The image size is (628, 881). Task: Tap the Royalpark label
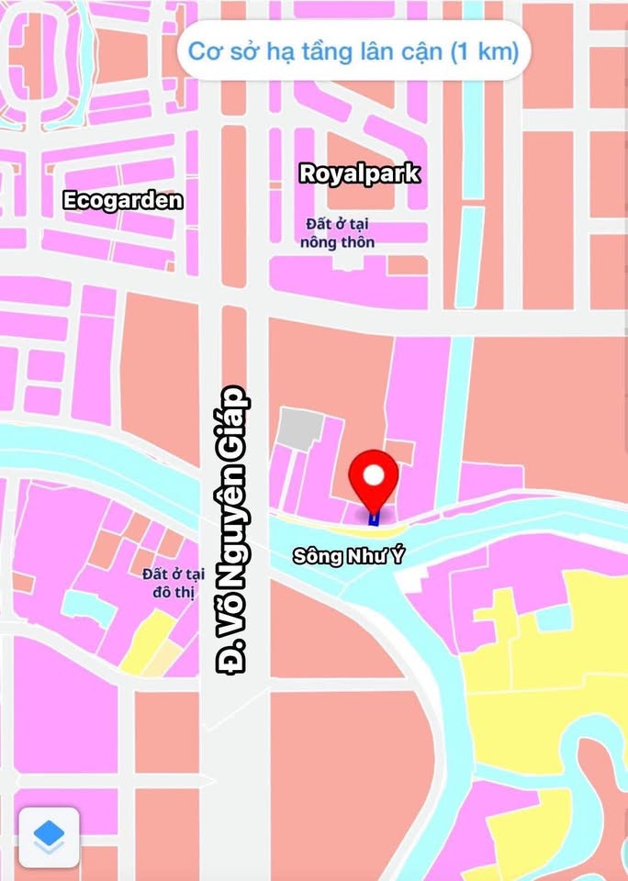(x=360, y=173)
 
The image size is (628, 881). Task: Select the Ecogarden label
(x=123, y=200)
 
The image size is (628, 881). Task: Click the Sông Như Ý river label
(x=349, y=556)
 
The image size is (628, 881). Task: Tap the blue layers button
(x=49, y=836)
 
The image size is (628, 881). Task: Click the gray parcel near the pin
(x=300, y=429)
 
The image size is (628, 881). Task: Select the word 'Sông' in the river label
(x=312, y=556)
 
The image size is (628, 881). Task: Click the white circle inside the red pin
(x=374, y=474)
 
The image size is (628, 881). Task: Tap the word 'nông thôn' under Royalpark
(x=337, y=242)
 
